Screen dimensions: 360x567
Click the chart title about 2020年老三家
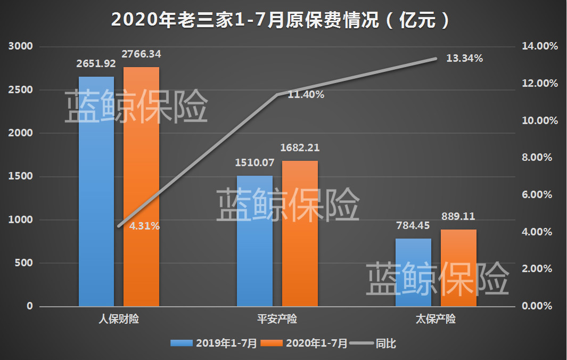(x=283, y=20)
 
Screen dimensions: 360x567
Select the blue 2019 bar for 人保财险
(x=96, y=192)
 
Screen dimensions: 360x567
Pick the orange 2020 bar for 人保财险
(x=142, y=186)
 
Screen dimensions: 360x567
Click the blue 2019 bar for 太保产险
(x=413, y=272)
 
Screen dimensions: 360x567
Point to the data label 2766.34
(x=142, y=54)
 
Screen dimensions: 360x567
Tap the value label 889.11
(x=458, y=217)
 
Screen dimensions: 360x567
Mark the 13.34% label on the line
(x=464, y=59)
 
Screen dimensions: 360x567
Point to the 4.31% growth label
(x=144, y=226)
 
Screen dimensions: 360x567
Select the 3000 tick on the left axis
(x=21, y=47)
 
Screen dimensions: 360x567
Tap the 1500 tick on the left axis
(x=21, y=177)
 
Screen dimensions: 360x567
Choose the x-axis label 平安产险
(x=277, y=320)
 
